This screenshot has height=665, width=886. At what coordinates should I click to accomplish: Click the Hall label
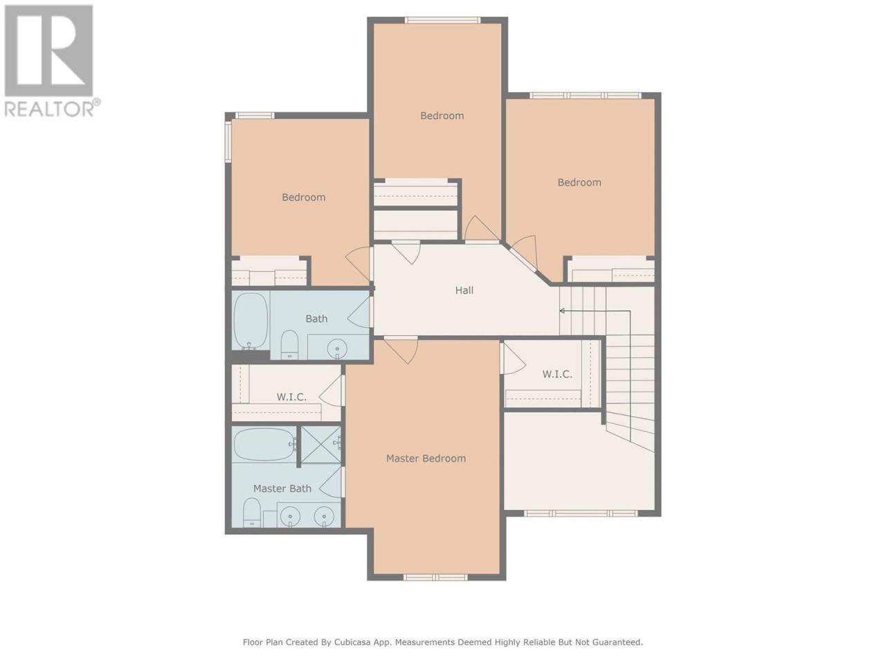464,290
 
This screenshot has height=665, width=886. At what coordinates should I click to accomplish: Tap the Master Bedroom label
426,459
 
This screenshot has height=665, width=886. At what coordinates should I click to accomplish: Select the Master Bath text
282,488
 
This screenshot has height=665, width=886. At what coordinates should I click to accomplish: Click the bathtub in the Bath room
251,321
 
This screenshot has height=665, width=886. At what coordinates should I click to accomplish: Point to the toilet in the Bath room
289,344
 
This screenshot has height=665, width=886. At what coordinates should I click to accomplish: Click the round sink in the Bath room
336,348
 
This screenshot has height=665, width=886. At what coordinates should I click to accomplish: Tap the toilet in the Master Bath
252,513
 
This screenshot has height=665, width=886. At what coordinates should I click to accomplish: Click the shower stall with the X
321,444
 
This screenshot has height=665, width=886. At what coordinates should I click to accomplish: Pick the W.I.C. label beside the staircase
557,374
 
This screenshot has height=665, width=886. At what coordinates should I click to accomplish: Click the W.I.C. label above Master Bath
291,397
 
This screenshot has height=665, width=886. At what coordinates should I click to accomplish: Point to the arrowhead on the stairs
562,311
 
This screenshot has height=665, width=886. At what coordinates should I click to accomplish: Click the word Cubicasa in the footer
351,641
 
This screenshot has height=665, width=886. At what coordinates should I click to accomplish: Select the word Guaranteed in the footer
618,641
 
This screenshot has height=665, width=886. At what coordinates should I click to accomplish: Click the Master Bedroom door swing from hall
401,351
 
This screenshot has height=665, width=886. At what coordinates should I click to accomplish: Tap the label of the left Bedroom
304,197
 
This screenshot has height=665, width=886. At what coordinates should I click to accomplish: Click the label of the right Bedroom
579,182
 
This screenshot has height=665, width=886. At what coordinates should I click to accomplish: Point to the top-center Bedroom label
442,116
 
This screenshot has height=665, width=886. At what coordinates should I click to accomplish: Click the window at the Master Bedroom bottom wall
435,577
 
